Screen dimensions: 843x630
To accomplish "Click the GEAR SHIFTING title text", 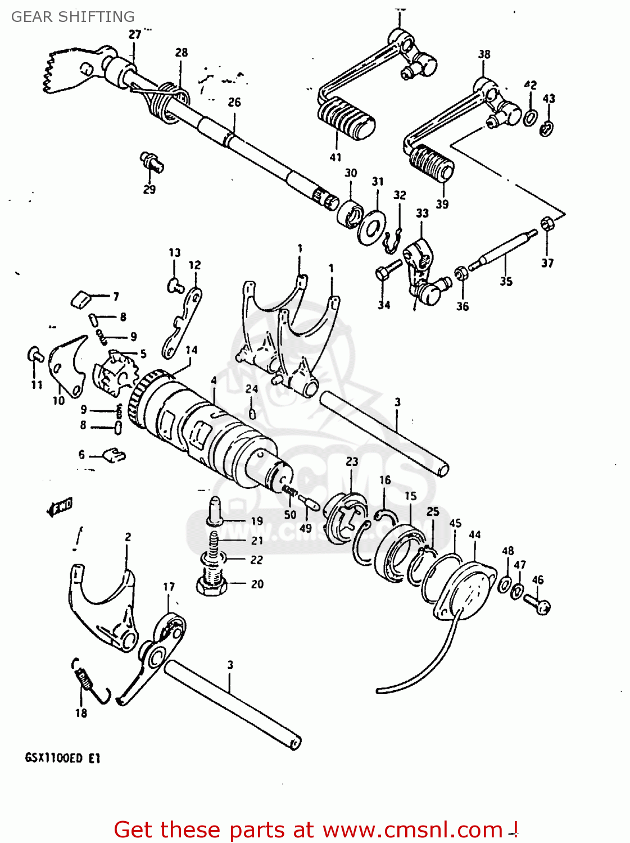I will (73, 17).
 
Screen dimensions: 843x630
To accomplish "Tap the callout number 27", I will (135, 34).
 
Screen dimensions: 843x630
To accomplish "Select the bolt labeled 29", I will (152, 161).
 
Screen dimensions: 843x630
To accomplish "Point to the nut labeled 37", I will (546, 224).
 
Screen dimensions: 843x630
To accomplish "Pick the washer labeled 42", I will (529, 117).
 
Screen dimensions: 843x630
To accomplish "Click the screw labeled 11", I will (35, 355).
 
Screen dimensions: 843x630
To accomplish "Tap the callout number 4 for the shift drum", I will (214, 381).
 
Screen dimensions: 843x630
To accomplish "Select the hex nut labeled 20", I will (211, 584).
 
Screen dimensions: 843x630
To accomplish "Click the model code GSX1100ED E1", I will (62, 758).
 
